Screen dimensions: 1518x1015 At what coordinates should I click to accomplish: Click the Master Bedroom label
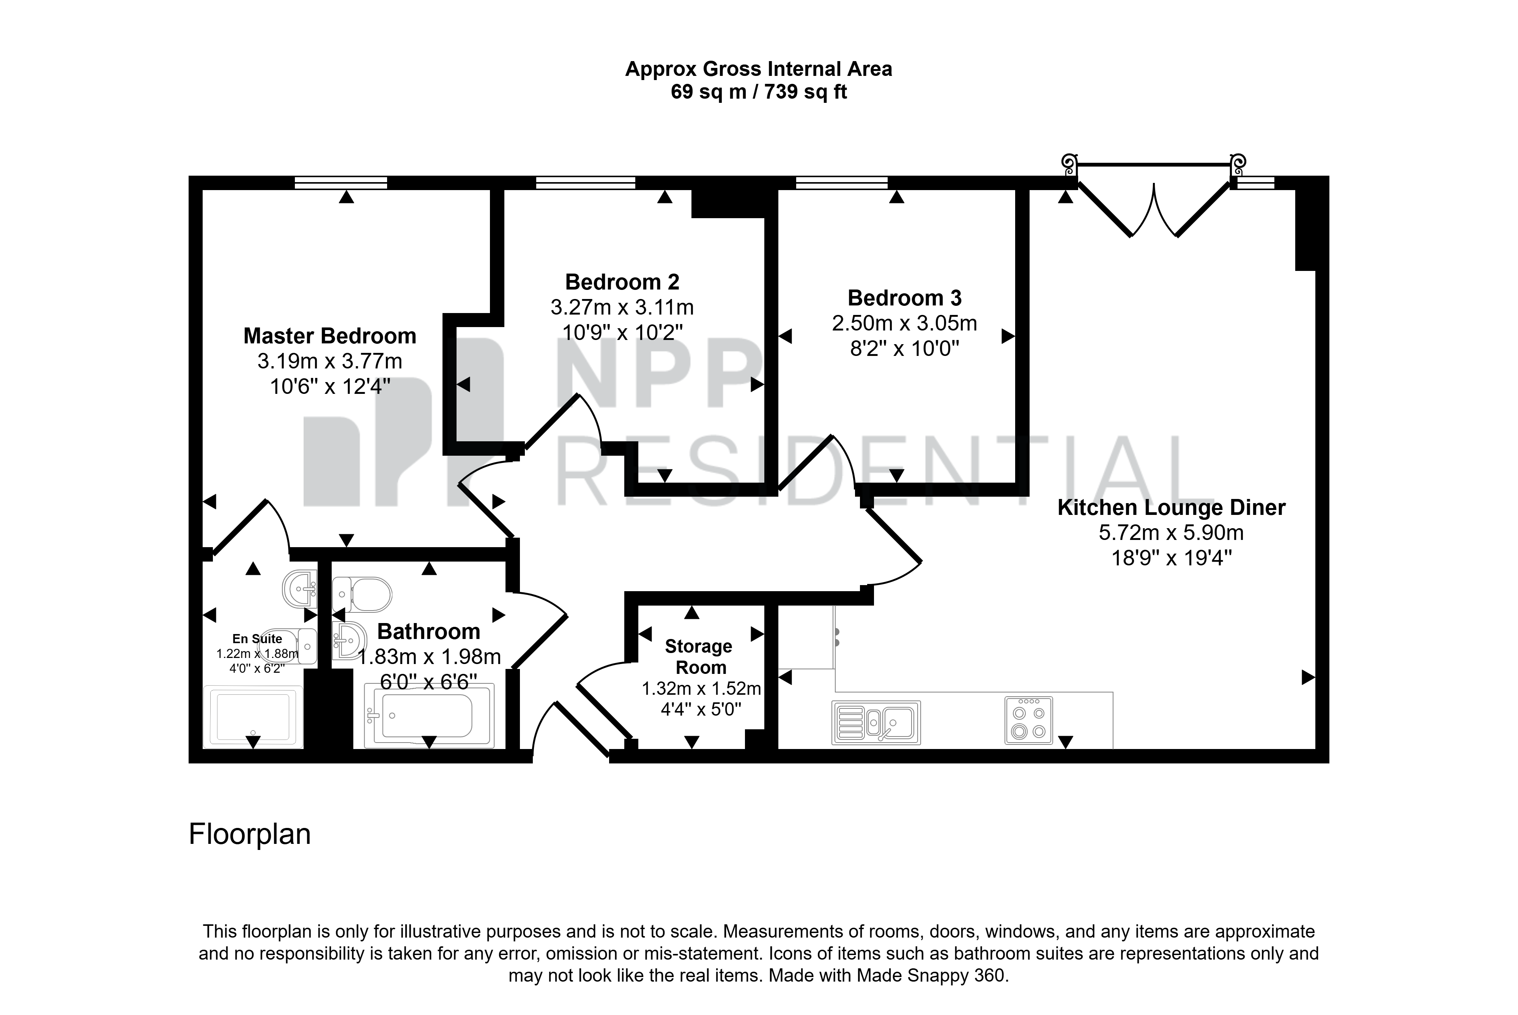(329, 336)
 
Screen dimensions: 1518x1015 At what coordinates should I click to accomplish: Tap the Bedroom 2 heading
(622, 282)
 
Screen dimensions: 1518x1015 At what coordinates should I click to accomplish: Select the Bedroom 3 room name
(904, 298)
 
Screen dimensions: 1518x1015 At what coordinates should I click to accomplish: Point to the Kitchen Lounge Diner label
(1171, 508)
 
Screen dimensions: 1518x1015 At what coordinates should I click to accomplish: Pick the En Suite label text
(257, 639)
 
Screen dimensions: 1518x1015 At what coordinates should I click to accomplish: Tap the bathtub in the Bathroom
(428, 715)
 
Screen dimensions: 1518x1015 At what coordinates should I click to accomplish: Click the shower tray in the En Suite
(253, 717)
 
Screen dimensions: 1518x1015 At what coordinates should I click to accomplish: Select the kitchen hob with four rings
(1028, 720)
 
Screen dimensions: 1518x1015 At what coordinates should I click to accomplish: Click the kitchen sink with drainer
(876, 722)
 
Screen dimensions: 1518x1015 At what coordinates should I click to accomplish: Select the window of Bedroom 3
(841, 183)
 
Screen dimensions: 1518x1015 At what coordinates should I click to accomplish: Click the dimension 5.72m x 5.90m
(1171, 533)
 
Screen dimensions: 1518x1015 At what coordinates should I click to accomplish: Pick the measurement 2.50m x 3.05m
(904, 323)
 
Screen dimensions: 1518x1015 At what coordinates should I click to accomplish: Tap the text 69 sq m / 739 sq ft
(759, 92)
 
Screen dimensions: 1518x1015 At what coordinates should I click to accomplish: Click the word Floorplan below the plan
(249, 834)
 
